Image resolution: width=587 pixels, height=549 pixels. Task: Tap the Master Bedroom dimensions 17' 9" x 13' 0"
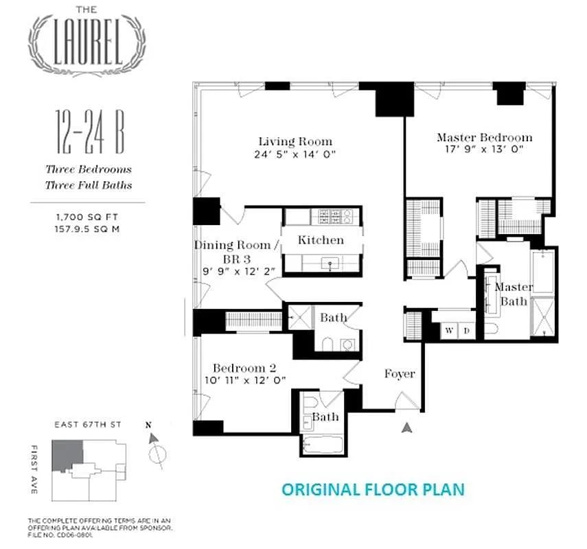[484, 150]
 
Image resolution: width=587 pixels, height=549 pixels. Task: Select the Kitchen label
[321, 240]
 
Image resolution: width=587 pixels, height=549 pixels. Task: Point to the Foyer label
[399, 374]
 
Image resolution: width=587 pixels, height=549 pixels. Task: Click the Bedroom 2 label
[244, 367]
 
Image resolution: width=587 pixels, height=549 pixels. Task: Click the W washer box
[450, 331]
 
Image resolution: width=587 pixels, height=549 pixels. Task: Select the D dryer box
[466, 331]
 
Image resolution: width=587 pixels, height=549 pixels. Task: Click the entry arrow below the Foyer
[408, 428]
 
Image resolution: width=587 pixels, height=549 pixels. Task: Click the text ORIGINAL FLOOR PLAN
[373, 489]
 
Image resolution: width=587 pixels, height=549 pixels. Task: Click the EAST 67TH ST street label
[88, 425]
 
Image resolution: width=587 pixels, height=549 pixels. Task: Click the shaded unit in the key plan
[69, 454]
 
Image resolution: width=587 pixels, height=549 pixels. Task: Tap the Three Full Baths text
[88, 185]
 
